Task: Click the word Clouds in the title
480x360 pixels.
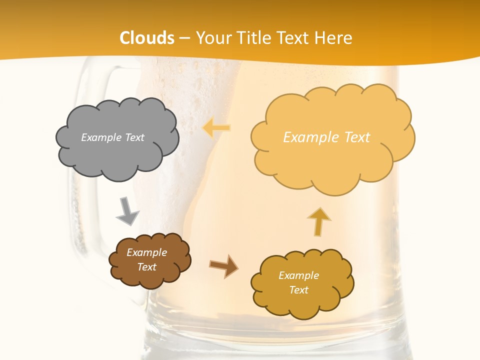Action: pos(147,38)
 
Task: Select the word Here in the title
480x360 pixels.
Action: pos(334,38)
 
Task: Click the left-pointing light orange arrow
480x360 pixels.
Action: pos(216,128)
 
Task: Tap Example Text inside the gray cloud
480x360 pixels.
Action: pos(112,137)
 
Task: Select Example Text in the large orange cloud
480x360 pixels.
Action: pos(326,137)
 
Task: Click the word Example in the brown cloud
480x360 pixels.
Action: pos(146,252)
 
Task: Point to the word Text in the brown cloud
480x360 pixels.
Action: pos(146,267)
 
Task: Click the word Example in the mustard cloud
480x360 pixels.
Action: pos(298,275)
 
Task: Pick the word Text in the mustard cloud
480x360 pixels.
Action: pos(298,290)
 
